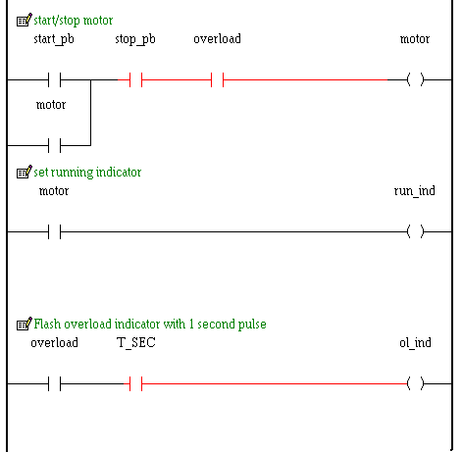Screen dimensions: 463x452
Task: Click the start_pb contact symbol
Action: [54, 79]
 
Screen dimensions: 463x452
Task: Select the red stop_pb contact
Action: [135, 79]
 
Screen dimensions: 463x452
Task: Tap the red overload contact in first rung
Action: [217, 79]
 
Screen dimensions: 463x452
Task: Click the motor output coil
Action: [415, 79]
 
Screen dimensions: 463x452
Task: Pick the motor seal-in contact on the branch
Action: [54, 145]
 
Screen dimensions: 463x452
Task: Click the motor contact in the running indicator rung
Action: [54, 231]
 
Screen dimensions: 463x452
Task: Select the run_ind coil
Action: [415, 231]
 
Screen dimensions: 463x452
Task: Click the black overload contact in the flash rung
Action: [54, 383]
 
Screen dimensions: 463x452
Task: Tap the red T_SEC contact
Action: [135, 383]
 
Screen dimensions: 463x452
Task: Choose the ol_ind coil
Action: [415, 383]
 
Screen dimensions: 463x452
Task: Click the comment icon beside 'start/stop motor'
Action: [25, 20]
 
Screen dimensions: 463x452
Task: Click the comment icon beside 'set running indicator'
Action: [25, 172]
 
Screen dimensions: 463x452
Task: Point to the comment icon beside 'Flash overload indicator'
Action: [25, 324]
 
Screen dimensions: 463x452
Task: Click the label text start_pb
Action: [54, 39]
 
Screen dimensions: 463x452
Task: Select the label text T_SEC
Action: [135, 343]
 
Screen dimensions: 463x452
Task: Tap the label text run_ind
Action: [415, 191]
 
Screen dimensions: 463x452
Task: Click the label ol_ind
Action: [415, 343]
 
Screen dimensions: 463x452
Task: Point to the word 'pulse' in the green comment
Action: [252, 325]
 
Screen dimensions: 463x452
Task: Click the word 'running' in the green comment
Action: [72, 173]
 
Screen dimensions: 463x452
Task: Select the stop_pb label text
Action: [135, 39]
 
